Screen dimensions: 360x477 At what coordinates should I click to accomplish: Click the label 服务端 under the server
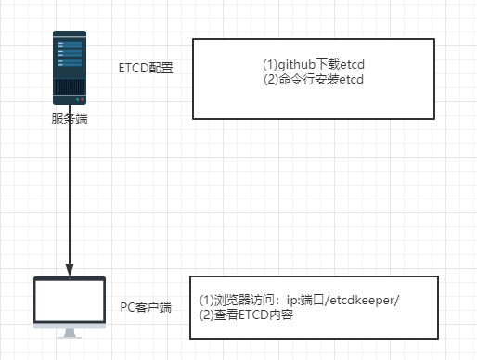pos(71,120)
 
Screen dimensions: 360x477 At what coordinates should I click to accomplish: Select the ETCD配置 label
pos(147,69)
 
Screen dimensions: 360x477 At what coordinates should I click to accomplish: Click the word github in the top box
pos(297,66)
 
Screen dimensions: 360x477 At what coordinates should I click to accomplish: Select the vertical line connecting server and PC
pos(71,186)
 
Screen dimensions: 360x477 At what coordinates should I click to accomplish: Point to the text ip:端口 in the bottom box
pos(297,301)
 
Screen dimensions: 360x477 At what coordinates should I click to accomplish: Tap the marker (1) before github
pos(270,66)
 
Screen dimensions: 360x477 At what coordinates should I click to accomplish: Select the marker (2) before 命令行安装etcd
pos(271,80)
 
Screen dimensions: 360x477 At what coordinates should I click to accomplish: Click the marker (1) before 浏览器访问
pos(207,301)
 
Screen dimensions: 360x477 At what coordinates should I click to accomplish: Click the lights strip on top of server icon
pos(71,36)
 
